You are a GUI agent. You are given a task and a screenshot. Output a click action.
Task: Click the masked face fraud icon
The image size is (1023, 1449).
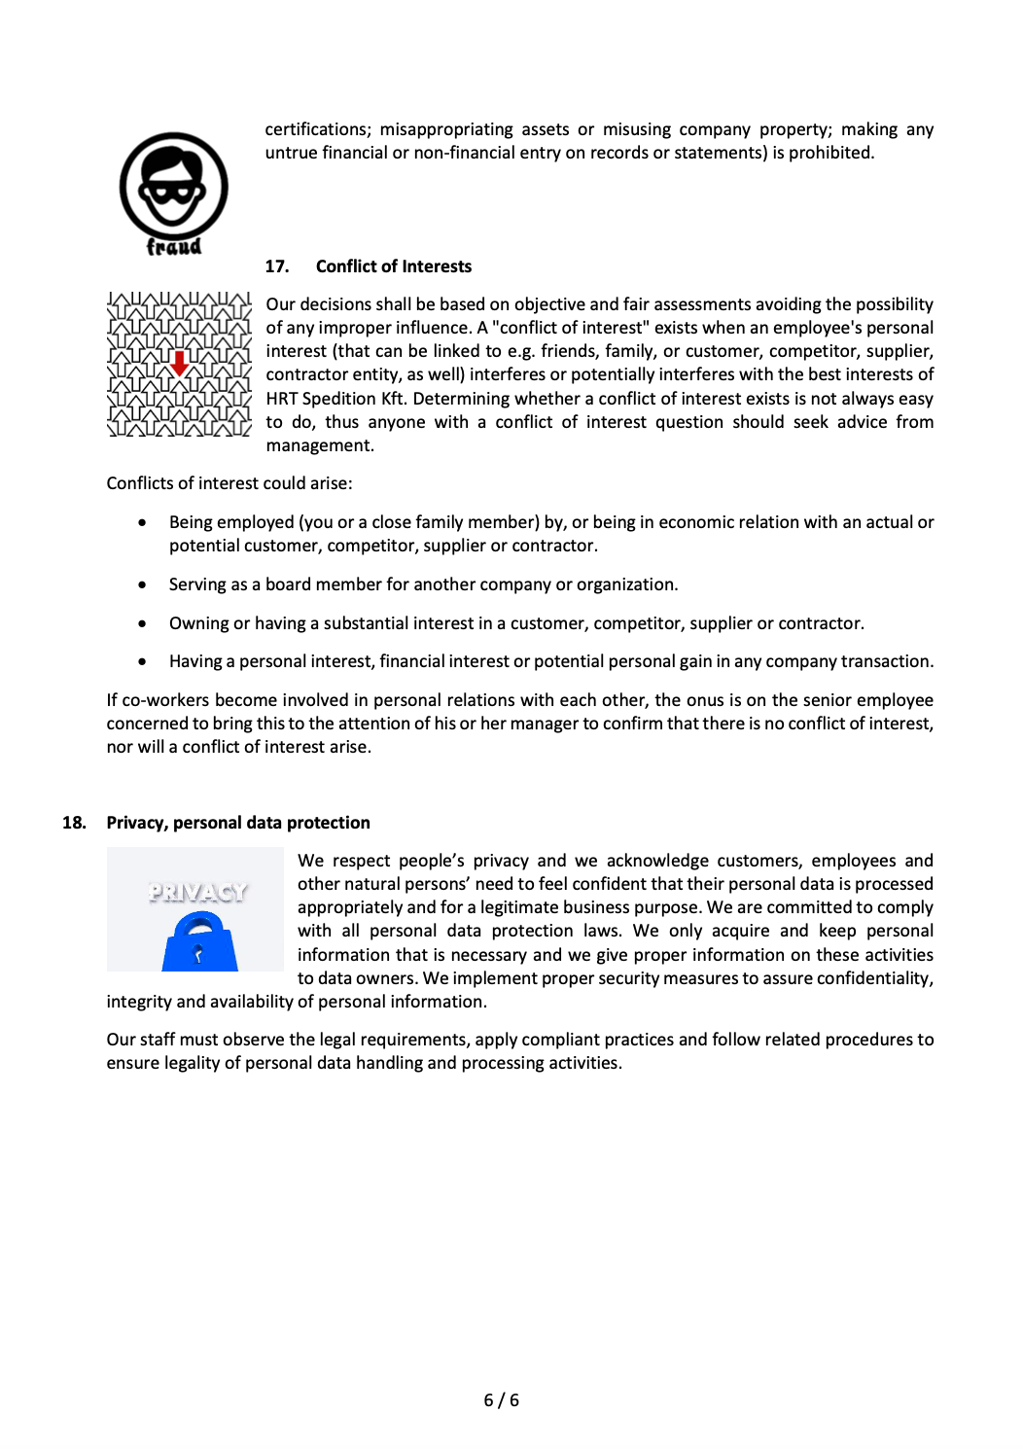[173, 185]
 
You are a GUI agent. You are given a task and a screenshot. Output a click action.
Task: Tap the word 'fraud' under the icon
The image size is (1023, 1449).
[174, 247]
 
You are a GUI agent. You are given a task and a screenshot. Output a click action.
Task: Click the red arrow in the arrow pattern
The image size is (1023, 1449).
[180, 364]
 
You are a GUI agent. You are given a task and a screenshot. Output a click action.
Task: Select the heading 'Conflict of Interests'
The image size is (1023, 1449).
[393, 266]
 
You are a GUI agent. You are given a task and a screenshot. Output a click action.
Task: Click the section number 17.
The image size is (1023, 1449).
[276, 266]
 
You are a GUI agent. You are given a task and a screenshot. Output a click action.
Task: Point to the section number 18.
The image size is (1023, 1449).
[74, 823]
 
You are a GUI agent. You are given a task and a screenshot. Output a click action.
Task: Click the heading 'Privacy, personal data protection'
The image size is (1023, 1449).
[238, 823]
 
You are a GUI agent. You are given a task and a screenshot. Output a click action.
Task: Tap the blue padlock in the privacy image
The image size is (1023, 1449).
[199, 942]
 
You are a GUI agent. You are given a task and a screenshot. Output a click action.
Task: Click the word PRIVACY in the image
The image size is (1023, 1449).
[197, 892]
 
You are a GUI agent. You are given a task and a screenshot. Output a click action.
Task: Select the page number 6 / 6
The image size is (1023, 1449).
[501, 1400]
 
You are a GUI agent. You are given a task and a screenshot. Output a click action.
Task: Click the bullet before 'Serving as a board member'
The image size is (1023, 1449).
[143, 584]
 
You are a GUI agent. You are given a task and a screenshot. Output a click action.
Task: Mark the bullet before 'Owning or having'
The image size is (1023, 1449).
[143, 623]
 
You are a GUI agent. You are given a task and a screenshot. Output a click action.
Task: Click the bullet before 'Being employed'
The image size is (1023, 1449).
[143, 522]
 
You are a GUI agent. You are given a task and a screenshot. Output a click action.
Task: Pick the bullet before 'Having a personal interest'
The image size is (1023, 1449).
[143, 661]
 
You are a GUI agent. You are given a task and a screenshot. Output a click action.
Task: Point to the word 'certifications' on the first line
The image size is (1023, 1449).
[317, 129]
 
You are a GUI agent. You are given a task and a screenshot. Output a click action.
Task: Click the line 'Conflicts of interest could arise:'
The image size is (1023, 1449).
[229, 483]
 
